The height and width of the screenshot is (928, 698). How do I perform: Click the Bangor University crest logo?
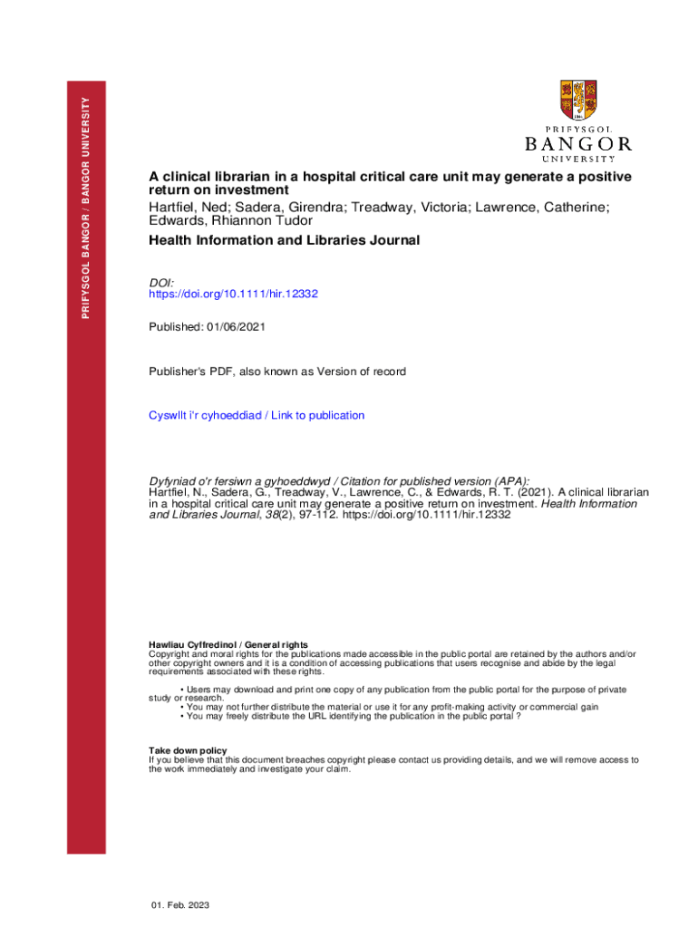(578, 101)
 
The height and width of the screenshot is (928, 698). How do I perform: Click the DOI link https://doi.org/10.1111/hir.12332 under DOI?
(233, 295)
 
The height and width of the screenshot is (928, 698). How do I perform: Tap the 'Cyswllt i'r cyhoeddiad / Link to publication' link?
(257, 415)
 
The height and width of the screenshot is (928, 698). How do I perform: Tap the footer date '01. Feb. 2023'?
(180, 906)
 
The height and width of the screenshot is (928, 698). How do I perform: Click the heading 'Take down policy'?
(188, 751)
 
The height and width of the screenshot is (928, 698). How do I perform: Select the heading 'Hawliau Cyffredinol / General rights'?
(228, 644)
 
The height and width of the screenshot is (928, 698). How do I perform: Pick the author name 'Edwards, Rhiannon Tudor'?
(230, 221)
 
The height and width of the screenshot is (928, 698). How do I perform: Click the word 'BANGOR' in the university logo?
(578, 143)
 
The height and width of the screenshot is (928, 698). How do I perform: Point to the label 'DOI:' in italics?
(161, 283)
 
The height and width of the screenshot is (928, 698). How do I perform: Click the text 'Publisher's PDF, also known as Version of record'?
(277, 372)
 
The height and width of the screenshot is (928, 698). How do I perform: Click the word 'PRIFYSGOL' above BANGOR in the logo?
(578, 129)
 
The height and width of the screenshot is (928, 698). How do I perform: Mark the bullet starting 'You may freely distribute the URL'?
(353, 716)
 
